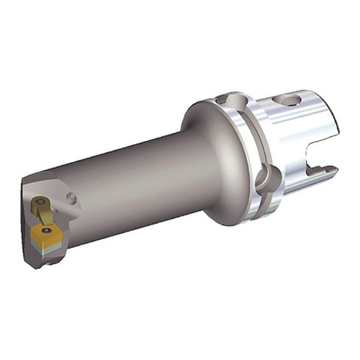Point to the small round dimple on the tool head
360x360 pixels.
(71, 197)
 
